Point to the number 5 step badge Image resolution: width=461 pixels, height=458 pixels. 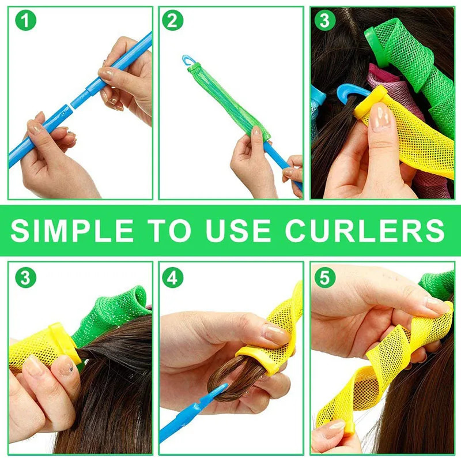[324, 277]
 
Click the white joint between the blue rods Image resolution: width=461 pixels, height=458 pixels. [72, 104]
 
